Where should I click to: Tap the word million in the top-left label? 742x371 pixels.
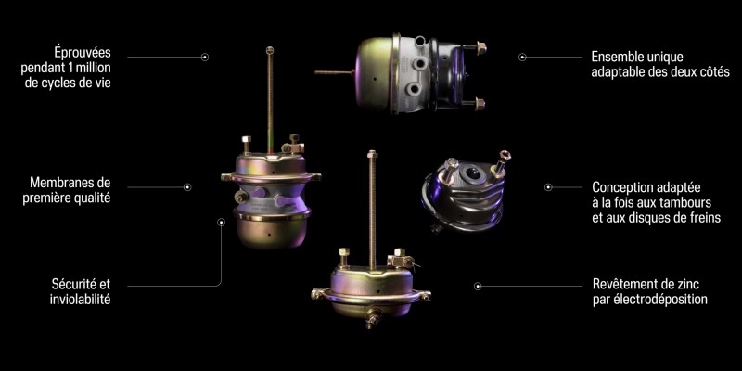click(95, 67)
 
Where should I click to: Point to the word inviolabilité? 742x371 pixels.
click(80, 300)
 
